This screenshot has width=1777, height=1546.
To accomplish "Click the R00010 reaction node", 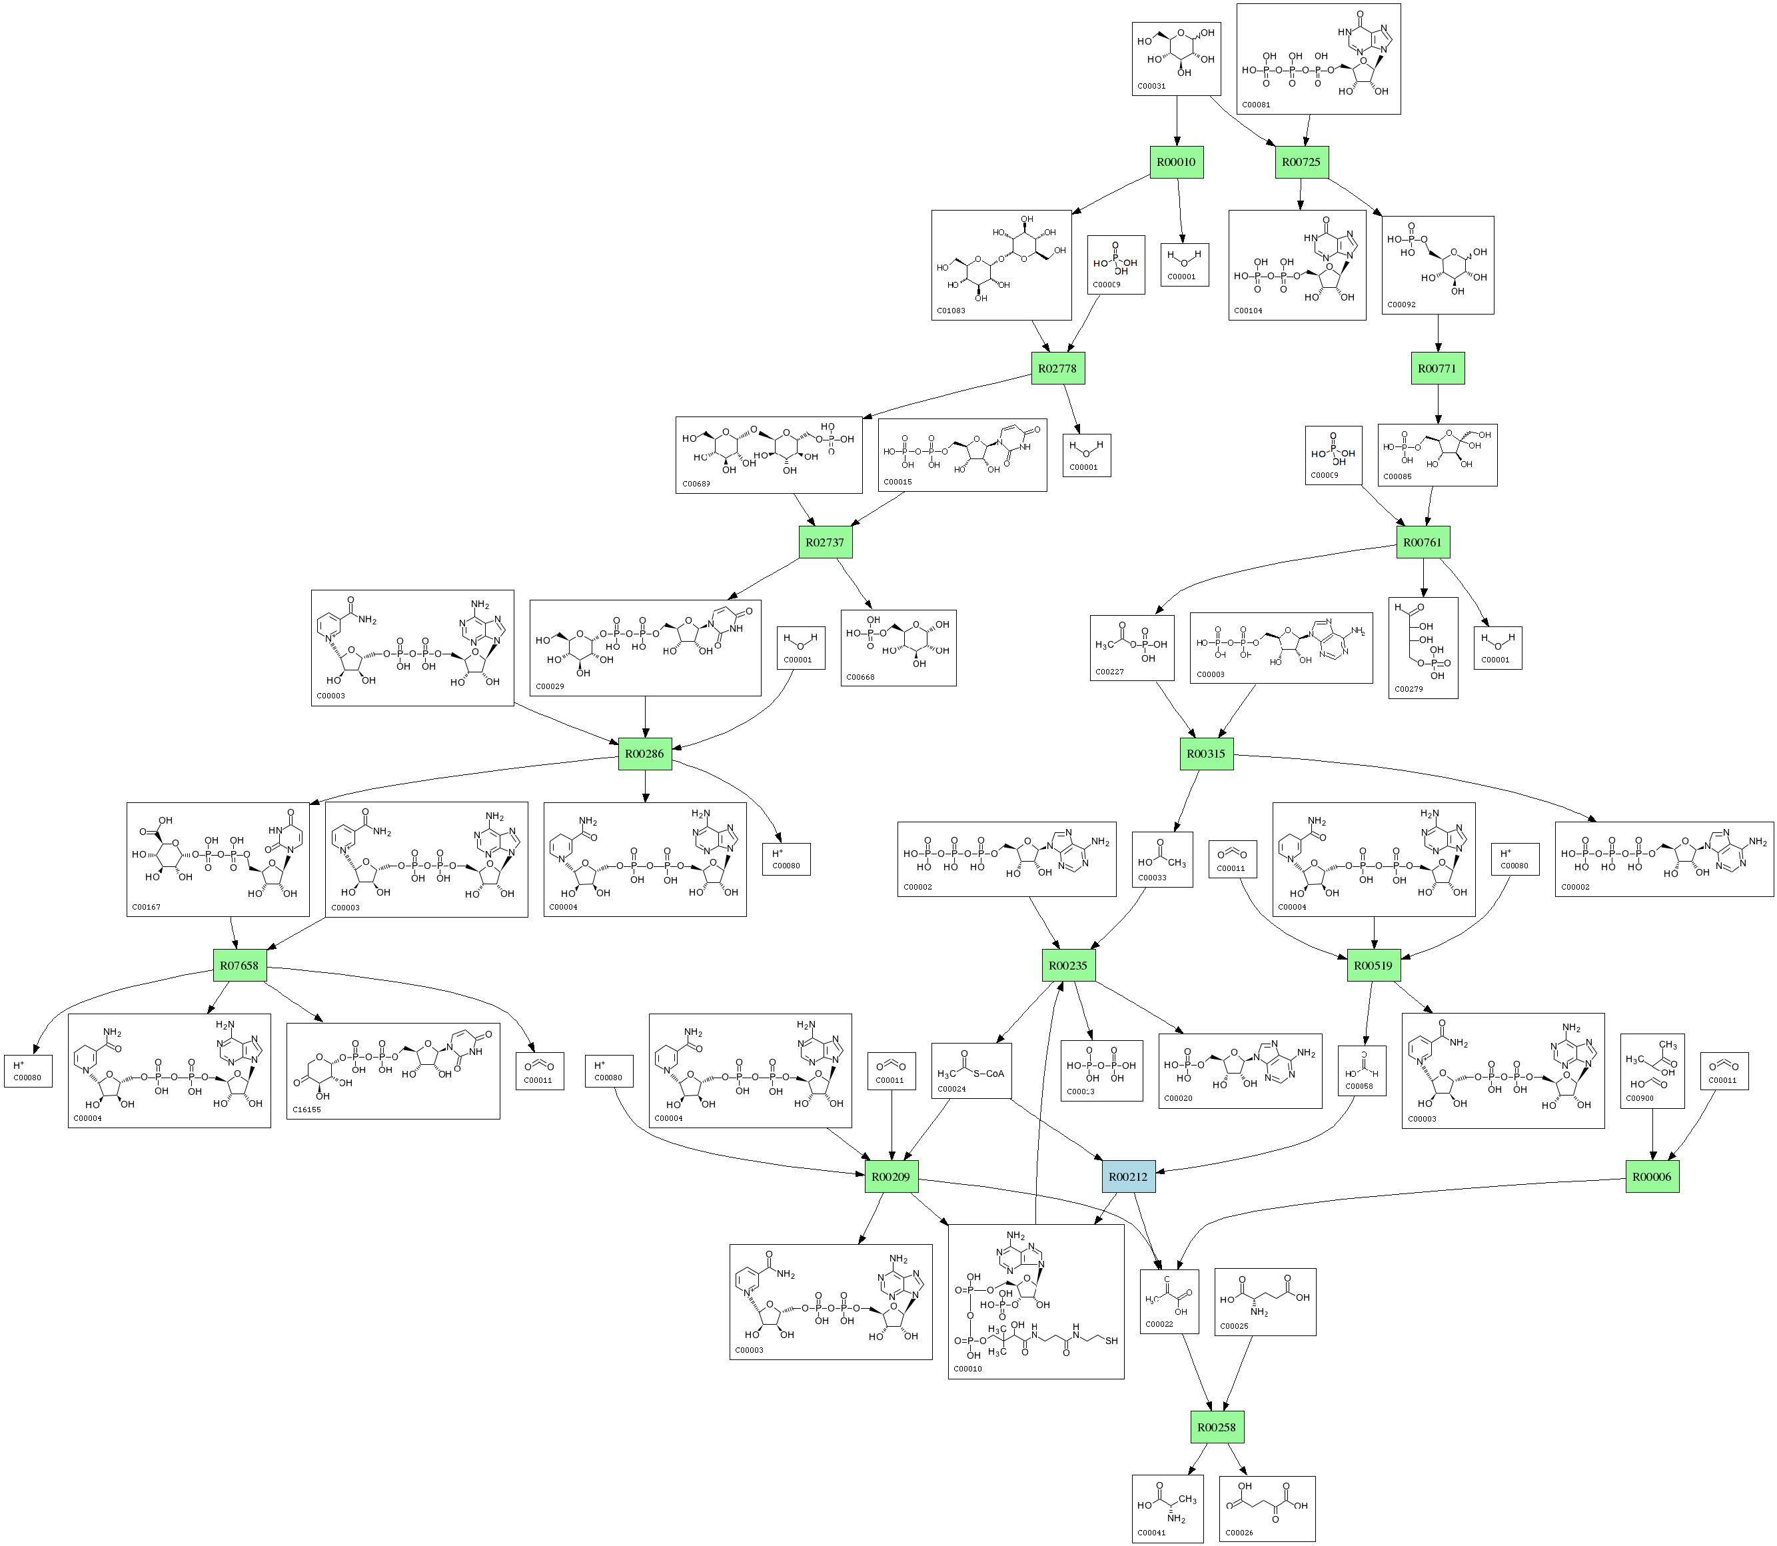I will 1177,162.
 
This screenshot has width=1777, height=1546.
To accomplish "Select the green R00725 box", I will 1302,162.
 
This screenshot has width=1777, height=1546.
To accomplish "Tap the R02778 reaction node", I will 1057,369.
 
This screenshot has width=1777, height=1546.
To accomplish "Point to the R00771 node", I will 1437,369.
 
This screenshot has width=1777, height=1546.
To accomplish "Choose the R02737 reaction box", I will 825,542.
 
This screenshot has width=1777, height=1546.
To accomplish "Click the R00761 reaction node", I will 1423,542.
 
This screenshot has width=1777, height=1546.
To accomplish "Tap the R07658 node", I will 239,966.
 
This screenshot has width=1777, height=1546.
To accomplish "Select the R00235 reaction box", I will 1068,966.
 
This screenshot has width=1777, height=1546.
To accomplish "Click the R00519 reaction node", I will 1373,966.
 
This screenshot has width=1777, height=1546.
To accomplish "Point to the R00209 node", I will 891,1177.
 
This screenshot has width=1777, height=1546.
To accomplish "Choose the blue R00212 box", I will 1128,1177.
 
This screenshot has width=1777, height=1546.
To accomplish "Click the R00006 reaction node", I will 1652,1177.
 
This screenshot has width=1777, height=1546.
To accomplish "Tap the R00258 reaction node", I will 1215,1427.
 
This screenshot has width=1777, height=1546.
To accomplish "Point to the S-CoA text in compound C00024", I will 989,1074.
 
